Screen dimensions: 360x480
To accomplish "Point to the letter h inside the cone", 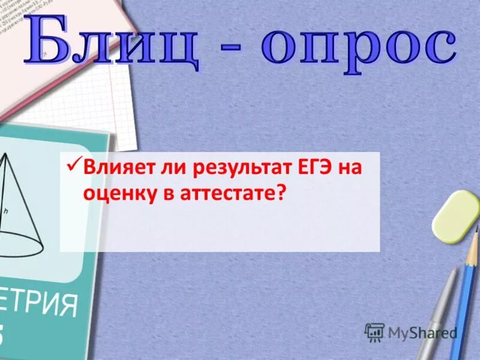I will [x=22, y=211].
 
